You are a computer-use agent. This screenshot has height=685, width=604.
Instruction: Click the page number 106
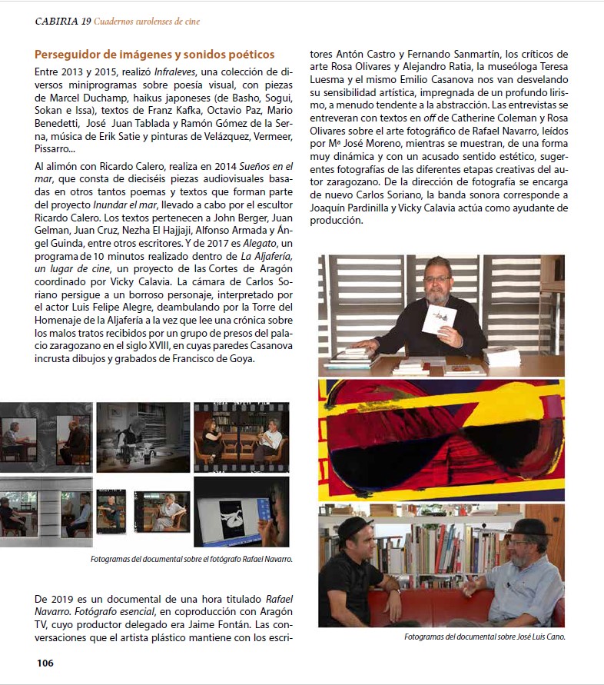(45, 663)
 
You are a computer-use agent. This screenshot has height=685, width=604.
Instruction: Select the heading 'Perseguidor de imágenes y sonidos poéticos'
(154, 55)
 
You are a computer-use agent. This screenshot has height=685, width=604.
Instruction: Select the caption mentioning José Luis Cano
(484, 637)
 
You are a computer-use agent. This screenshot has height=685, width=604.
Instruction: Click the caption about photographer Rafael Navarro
(191, 559)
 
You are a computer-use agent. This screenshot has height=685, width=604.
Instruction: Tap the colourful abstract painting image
(441, 439)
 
